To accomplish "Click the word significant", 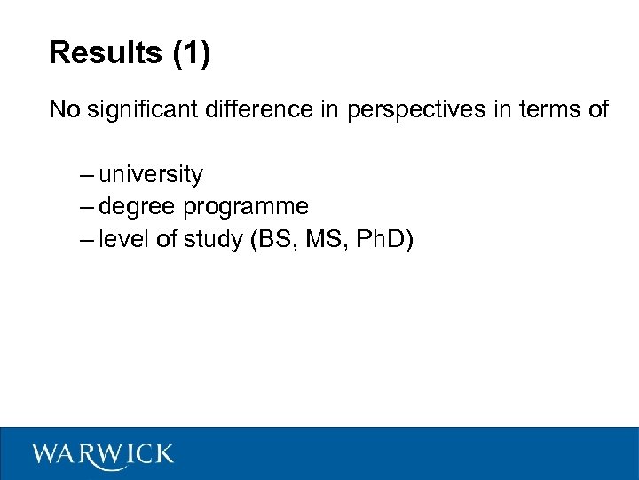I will pyautogui.click(x=137, y=109).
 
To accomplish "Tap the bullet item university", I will pyautogui.click(x=151, y=174).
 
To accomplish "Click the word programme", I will pyautogui.click(x=246, y=207).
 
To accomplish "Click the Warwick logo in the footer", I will pyautogui.click(x=103, y=454).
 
